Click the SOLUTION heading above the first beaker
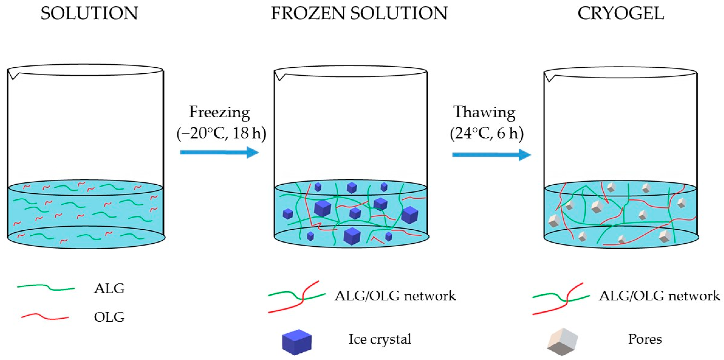(x=89, y=13)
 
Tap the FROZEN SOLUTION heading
(x=359, y=13)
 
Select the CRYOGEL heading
(x=621, y=13)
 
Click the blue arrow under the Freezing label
(x=219, y=152)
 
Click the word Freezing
(x=219, y=112)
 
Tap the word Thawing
(x=484, y=112)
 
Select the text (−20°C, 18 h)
(x=221, y=133)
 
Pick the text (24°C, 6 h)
(x=487, y=133)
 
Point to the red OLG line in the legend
(x=45, y=317)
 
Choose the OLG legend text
(x=109, y=317)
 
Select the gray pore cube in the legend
(x=562, y=342)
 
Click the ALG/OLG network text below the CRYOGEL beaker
(x=659, y=296)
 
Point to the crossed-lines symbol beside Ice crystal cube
(x=297, y=297)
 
